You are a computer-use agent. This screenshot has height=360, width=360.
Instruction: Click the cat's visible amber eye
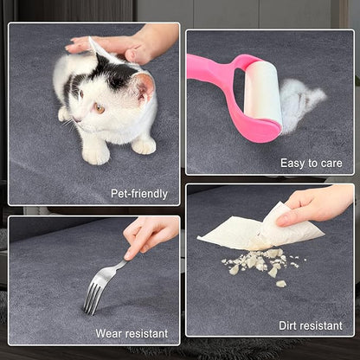pos(100,108)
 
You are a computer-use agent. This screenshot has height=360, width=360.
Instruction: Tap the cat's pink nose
pos(75,119)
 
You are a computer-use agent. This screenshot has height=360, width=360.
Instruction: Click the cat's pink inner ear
pos(145,87)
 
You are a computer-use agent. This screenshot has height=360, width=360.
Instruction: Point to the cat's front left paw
pos(95,155)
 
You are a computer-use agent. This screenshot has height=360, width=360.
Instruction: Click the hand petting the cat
pos(127,43)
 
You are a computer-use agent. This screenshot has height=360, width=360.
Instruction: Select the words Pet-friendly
pos(139,194)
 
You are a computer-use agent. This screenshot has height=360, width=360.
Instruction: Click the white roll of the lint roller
pos(263,92)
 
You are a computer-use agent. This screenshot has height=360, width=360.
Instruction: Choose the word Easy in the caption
pos(292,164)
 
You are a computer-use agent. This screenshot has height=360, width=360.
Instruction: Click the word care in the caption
pos(331,164)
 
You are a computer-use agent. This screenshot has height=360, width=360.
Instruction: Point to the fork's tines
pos(93,299)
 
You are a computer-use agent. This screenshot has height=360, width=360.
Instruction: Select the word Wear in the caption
pos(109,334)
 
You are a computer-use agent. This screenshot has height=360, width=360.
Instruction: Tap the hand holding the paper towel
pos(314,206)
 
